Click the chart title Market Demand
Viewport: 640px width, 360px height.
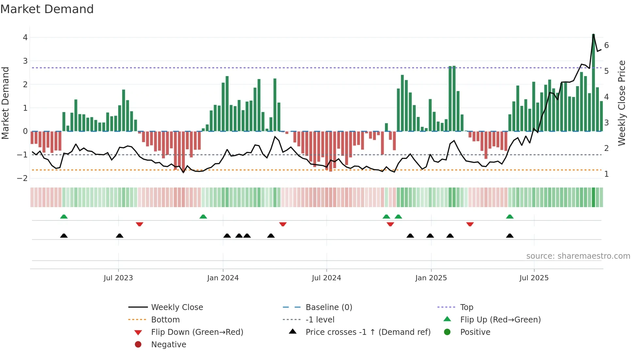coord(47,9)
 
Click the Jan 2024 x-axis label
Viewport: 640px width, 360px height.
coord(223,278)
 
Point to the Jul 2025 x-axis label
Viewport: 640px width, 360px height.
coord(534,278)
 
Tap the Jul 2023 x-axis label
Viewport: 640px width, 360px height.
coord(118,278)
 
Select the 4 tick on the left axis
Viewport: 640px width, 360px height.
coord(25,38)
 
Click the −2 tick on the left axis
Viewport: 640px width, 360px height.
coord(23,178)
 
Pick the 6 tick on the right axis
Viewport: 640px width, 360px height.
coord(606,45)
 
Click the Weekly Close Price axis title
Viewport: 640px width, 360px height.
coord(622,103)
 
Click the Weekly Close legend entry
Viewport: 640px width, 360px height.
coord(177,307)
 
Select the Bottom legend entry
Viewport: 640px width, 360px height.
coord(165,320)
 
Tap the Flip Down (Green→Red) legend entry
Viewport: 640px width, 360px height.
coord(197,332)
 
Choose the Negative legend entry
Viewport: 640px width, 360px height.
coord(168,345)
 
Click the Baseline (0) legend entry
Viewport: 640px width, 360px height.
coord(328,307)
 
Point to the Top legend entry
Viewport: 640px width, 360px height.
coord(466,307)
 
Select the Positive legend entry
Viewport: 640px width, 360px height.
coord(475,332)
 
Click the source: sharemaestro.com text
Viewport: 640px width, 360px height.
coord(578,256)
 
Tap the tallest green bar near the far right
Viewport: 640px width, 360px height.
coord(593,82)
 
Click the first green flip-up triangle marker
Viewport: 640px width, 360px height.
coord(64,217)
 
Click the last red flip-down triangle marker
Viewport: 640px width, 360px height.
coord(470,224)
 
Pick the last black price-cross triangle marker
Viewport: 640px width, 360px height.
coord(510,236)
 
